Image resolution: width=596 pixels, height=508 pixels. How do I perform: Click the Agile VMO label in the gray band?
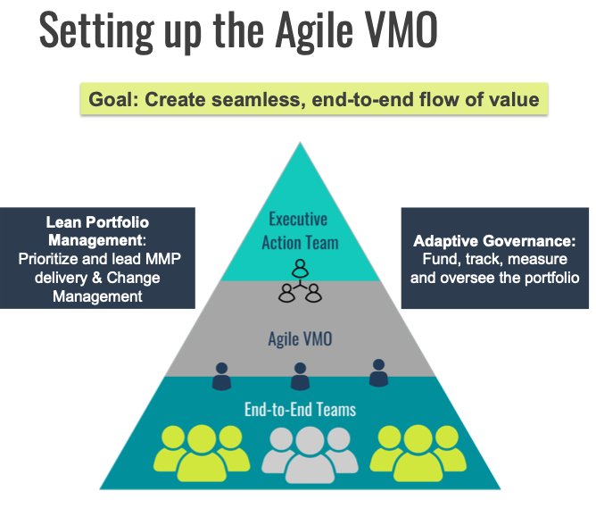298,338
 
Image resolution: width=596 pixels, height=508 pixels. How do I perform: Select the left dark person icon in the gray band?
221,376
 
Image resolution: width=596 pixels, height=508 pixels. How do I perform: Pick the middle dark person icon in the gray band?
300,376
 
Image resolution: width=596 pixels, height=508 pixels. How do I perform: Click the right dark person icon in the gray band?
378,372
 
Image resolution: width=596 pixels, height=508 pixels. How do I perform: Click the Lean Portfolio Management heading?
97,229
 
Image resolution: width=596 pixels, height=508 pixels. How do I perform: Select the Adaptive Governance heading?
494,241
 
